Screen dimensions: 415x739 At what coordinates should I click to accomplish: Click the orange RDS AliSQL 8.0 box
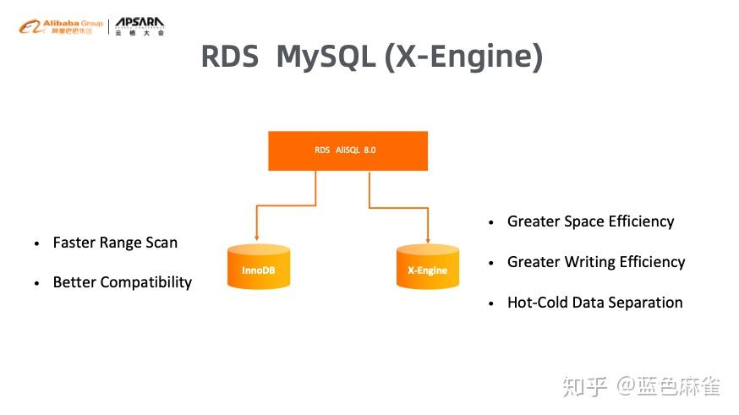coord(348,150)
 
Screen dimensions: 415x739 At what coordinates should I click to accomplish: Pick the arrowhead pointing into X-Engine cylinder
coord(428,239)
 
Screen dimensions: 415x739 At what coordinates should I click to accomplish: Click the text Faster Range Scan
coord(115,243)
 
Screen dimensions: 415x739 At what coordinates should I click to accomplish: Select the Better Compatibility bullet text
coord(123,282)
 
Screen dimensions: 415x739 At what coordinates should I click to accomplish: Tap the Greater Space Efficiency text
coord(590,221)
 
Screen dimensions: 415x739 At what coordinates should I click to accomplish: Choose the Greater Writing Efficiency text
coord(596,262)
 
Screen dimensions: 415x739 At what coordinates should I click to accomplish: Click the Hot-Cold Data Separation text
coord(594,303)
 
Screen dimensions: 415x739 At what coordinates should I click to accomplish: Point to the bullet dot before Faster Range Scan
coord(37,243)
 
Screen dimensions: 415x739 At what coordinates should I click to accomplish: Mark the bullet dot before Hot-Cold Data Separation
coord(491,303)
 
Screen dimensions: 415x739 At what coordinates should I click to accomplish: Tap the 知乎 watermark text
coord(584,387)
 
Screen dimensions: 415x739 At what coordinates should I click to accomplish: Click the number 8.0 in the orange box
coord(369,150)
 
